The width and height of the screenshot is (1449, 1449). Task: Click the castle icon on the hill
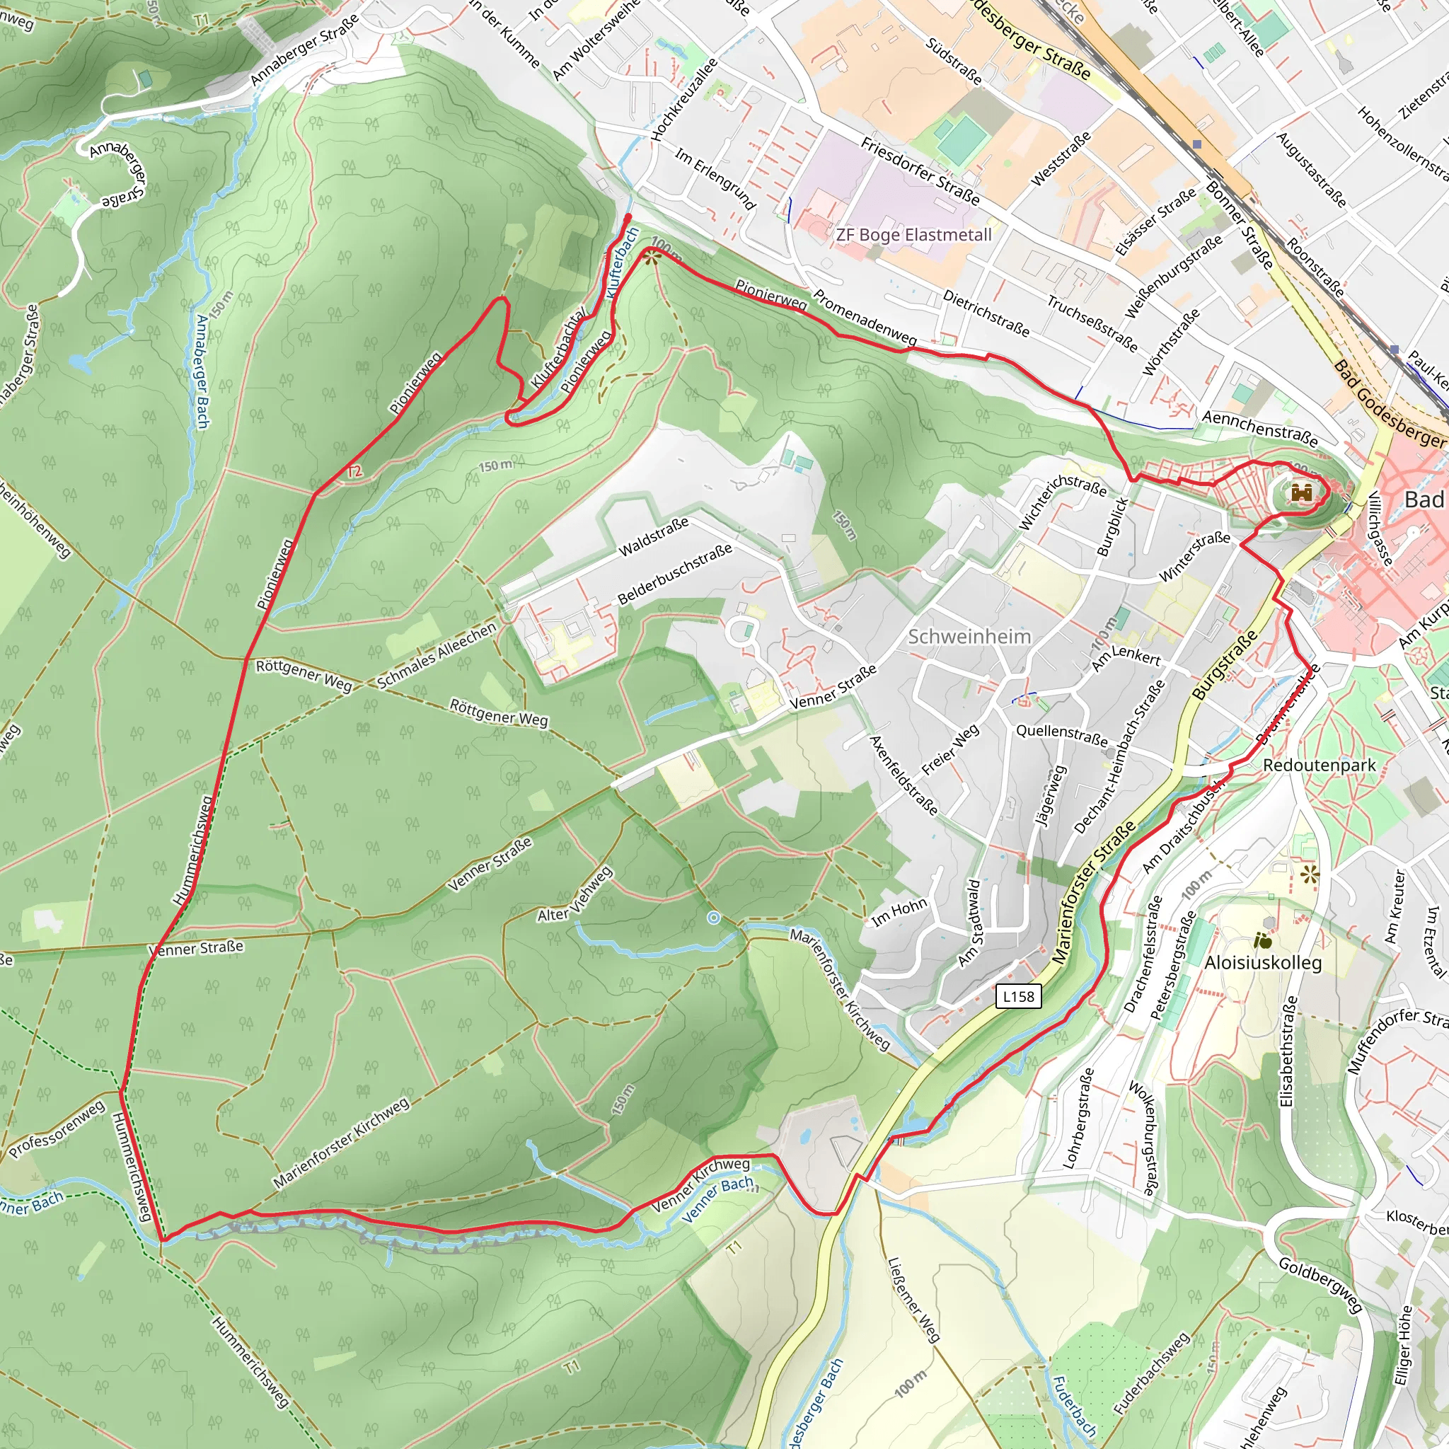(x=1301, y=492)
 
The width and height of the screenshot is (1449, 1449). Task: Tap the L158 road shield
(x=1019, y=996)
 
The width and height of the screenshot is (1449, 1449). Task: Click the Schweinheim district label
(x=969, y=637)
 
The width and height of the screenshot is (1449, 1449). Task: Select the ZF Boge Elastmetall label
(x=913, y=235)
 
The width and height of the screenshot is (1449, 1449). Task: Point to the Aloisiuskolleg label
(x=1263, y=962)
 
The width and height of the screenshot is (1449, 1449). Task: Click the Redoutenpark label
(x=1320, y=765)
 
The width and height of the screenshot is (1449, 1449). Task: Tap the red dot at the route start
(x=628, y=217)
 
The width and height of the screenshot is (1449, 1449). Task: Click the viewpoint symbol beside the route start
(x=650, y=258)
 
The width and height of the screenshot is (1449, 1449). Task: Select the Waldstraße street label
(x=652, y=537)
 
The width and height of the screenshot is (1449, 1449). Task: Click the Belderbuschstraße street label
(x=674, y=575)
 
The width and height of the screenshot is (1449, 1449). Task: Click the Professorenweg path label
(x=57, y=1130)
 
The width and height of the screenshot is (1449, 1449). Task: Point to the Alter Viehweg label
(x=575, y=895)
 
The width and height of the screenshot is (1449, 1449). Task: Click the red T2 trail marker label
(x=354, y=471)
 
